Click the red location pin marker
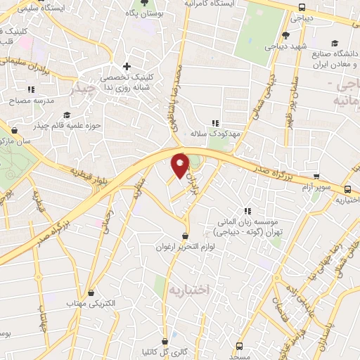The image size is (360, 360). [x=181, y=165]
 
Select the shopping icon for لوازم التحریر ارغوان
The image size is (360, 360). [x=185, y=236]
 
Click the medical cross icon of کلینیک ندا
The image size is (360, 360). [x=126, y=67]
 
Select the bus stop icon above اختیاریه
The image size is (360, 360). [x=348, y=188]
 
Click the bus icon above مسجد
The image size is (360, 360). [x=240, y=346]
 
